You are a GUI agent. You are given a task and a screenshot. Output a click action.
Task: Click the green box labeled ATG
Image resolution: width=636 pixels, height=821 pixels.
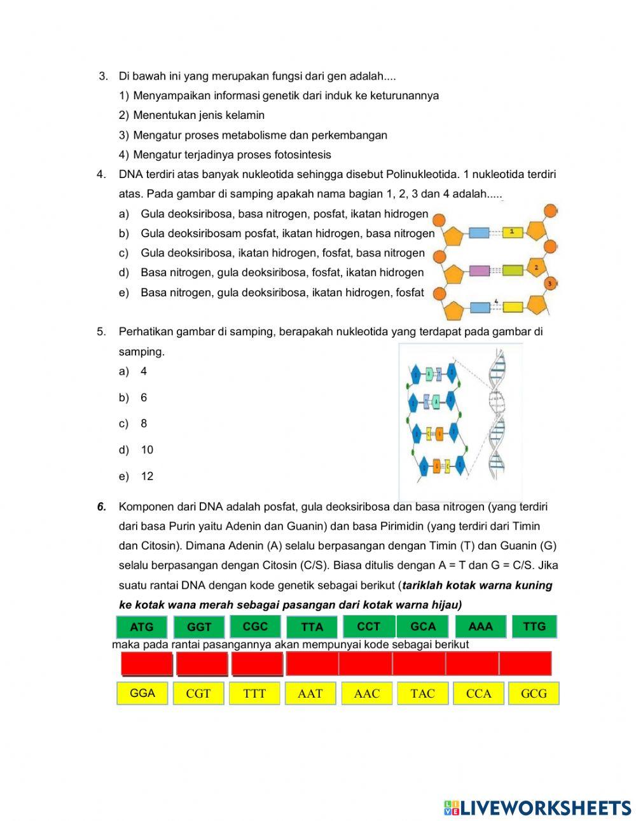click(141, 627)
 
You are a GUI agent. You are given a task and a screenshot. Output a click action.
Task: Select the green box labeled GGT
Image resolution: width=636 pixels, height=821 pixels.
click(198, 627)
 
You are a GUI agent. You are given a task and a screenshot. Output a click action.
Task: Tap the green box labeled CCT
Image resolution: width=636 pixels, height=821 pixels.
click(368, 626)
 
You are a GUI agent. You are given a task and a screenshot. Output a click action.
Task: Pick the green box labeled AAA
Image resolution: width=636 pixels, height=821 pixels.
click(480, 626)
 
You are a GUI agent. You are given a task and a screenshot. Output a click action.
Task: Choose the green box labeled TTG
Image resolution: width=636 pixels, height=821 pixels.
click(534, 626)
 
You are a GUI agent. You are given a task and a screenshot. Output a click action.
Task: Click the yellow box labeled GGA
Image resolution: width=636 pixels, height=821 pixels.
click(142, 693)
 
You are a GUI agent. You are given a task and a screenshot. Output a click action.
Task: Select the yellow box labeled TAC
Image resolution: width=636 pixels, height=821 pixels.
click(422, 694)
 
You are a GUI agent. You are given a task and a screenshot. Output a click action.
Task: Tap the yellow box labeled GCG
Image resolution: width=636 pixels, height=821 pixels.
click(534, 694)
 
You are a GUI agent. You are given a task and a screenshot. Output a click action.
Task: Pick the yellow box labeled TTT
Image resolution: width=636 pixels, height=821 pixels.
click(254, 694)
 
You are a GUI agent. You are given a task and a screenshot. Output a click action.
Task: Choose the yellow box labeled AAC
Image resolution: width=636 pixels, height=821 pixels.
click(366, 694)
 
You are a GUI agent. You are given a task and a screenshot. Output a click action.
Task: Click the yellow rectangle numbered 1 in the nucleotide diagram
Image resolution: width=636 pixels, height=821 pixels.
click(513, 232)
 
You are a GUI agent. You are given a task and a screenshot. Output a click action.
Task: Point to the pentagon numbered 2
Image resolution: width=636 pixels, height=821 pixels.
click(536, 269)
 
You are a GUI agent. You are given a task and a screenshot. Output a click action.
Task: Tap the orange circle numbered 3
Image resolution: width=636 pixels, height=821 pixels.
click(550, 283)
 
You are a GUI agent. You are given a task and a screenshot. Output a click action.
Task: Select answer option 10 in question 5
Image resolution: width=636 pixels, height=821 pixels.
click(147, 450)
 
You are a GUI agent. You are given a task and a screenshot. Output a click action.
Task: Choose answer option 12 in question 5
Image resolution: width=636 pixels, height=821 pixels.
click(147, 476)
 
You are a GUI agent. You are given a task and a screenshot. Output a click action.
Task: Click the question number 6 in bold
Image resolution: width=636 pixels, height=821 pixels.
click(101, 507)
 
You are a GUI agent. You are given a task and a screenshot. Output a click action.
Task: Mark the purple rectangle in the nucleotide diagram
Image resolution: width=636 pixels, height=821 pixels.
click(478, 271)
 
